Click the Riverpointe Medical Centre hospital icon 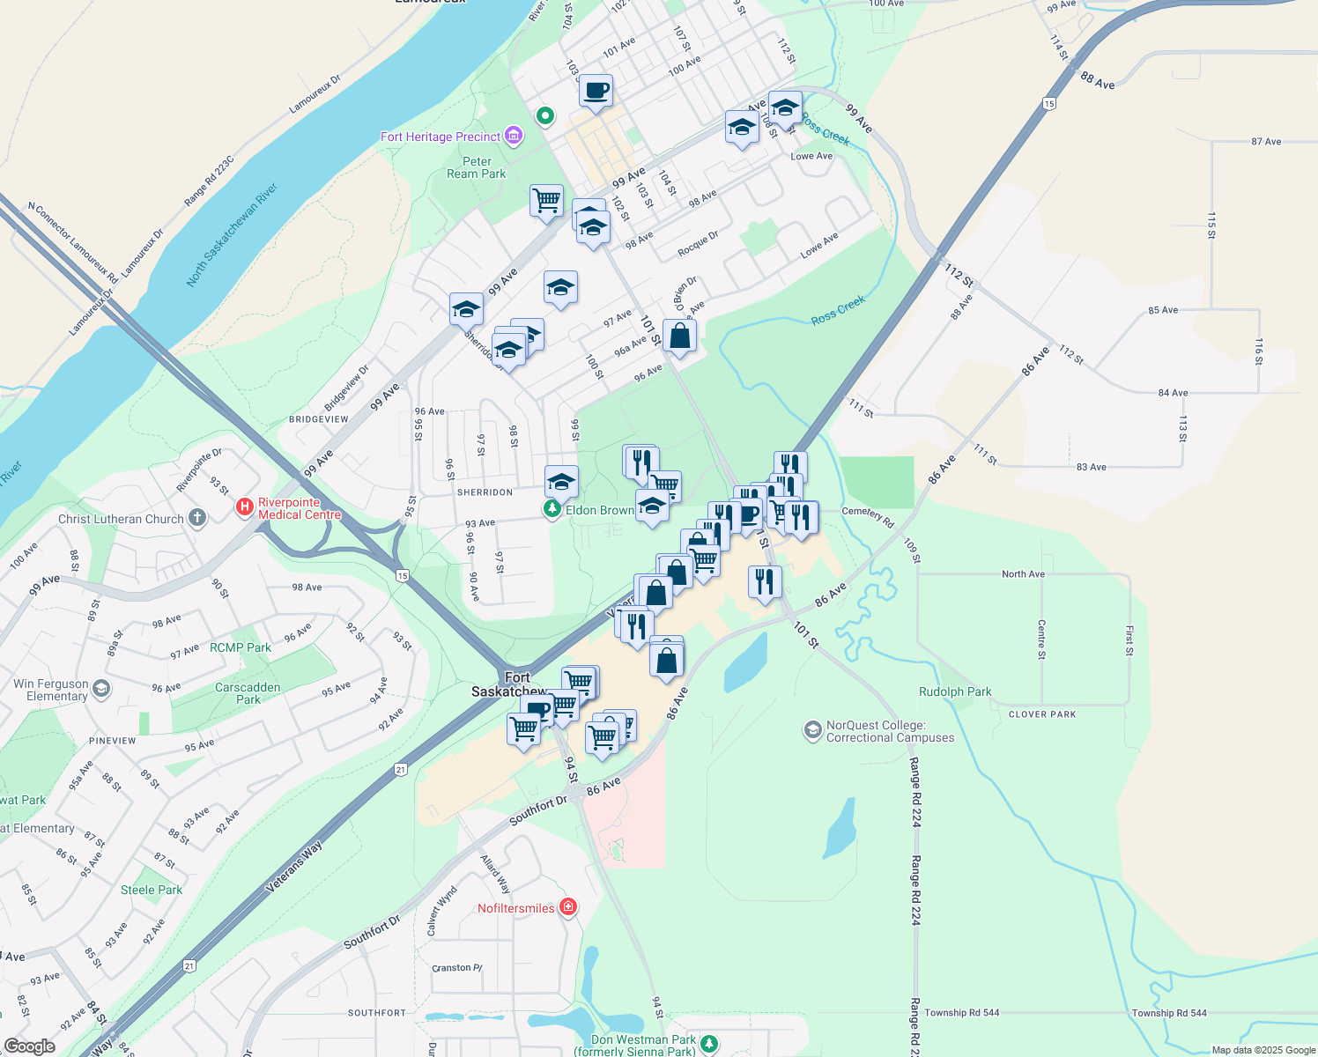(245, 508)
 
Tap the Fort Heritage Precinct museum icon (514, 137)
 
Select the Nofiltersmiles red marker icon (568, 908)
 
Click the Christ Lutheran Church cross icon (197, 518)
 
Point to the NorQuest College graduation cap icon (812, 730)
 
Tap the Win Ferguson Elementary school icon (101, 689)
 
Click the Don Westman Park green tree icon (708, 1044)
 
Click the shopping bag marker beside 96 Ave (679, 336)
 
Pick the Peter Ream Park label (477, 167)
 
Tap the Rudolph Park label (955, 691)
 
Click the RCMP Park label (241, 647)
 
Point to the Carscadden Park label (248, 693)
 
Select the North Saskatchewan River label (232, 234)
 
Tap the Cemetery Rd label (868, 516)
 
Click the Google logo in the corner (29, 1046)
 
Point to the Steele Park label (152, 890)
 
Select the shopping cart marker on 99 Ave (546, 200)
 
